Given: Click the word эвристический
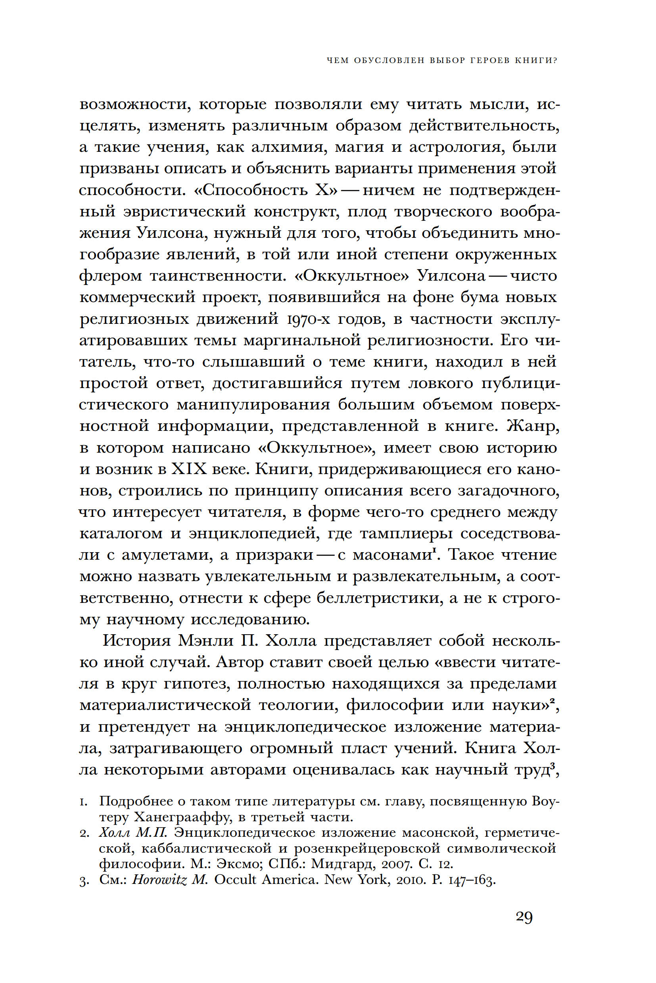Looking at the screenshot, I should pos(185,212).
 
